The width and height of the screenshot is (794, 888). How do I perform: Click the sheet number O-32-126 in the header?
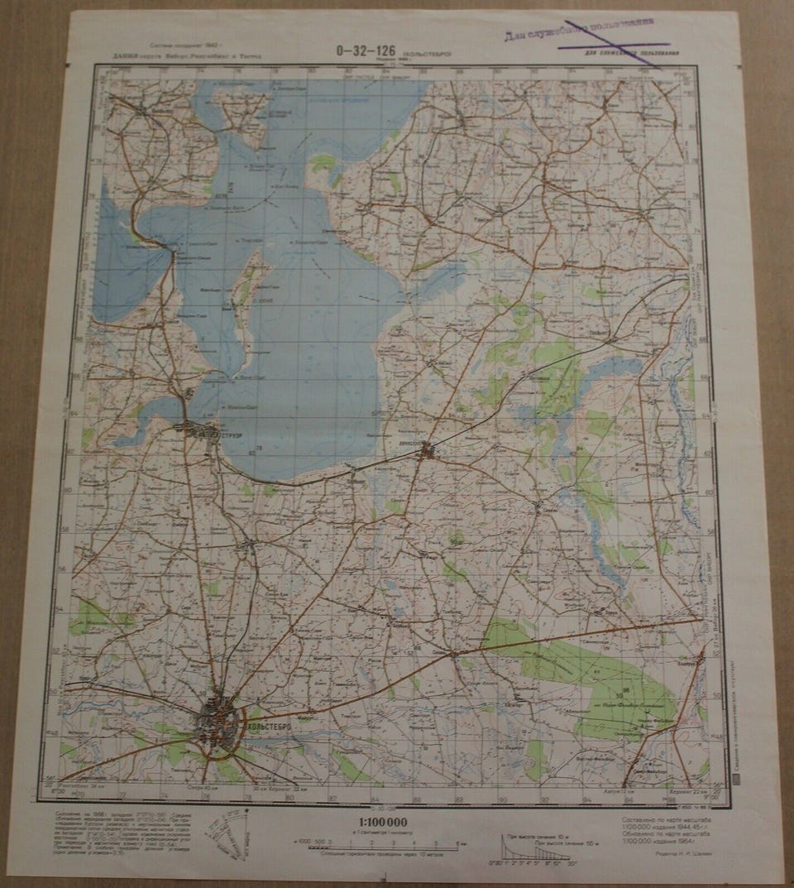tap(365, 49)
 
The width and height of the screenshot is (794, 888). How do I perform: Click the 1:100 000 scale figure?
tap(385, 821)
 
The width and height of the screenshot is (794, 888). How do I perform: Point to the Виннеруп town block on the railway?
tap(427, 451)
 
